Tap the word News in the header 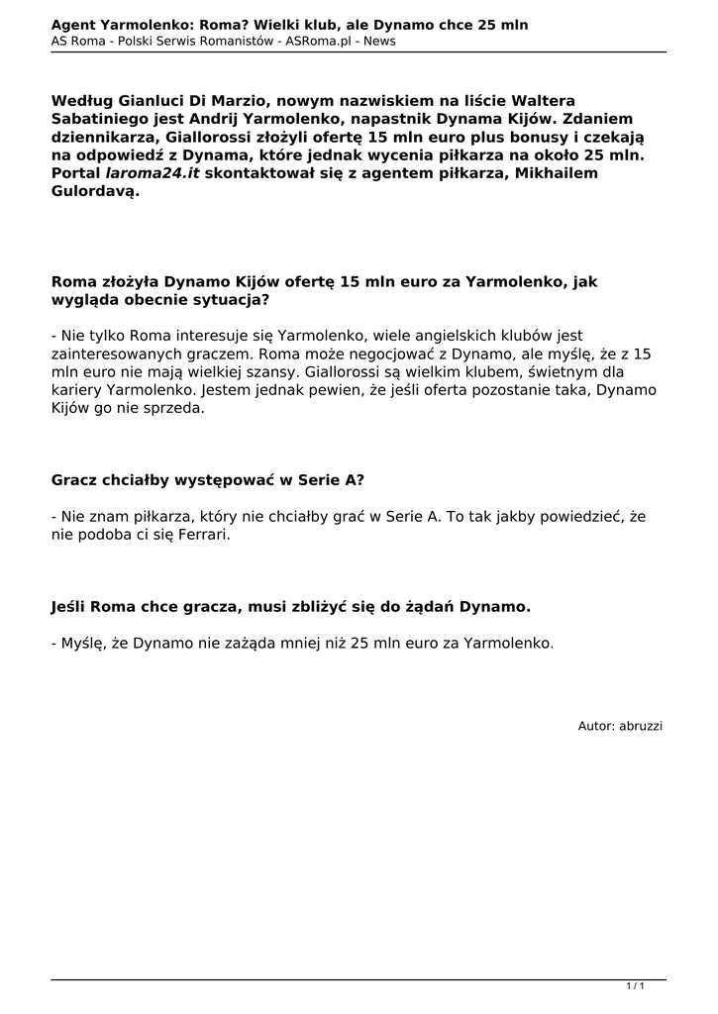(380, 41)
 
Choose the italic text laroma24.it (153, 172)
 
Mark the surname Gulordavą (95, 190)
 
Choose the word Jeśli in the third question (70, 606)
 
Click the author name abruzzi (641, 726)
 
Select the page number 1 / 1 (636, 986)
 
